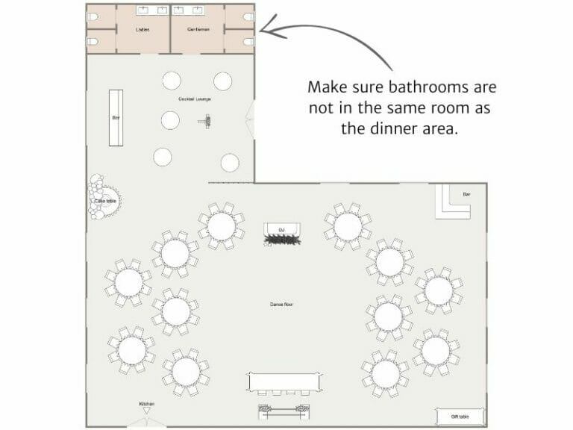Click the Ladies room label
point(142,30)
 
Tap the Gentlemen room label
point(198,30)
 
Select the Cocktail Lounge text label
point(194,99)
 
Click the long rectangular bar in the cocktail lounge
point(116,117)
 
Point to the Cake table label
point(105,201)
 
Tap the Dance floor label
point(281,305)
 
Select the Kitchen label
point(147,404)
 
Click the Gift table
point(460,416)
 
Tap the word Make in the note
point(327,87)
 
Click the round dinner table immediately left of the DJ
point(222,225)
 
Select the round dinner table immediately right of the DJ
point(348,225)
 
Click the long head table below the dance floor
point(286,381)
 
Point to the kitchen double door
point(147,422)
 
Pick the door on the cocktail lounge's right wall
point(251,119)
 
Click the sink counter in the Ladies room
point(152,11)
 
